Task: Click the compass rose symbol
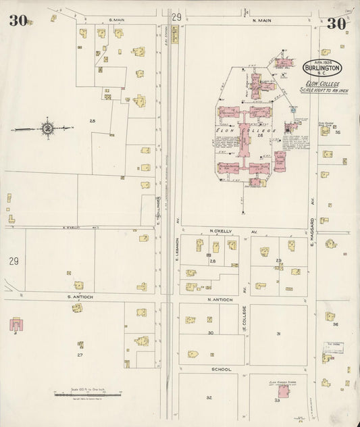pyautogui.click(x=48, y=127)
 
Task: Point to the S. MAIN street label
pyautogui.click(x=117, y=21)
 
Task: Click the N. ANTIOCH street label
pyautogui.click(x=220, y=299)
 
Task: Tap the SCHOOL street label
pyautogui.click(x=222, y=370)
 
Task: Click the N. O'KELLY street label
pyautogui.click(x=221, y=231)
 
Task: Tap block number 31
pyautogui.click(x=278, y=333)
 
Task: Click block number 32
pyautogui.click(x=209, y=397)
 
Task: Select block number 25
pyautogui.click(x=92, y=120)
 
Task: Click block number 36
pyautogui.click(x=336, y=324)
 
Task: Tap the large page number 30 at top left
pyautogui.click(x=18, y=20)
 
